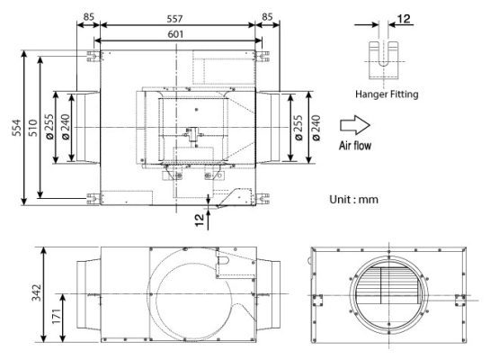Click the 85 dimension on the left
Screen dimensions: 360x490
tap(88, 17)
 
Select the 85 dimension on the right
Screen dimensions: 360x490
tap(268, 17)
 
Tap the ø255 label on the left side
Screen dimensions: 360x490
tap(49, 127)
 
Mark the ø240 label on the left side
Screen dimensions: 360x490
tap(66, 127)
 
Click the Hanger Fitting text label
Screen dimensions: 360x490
tap(388, 94)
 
